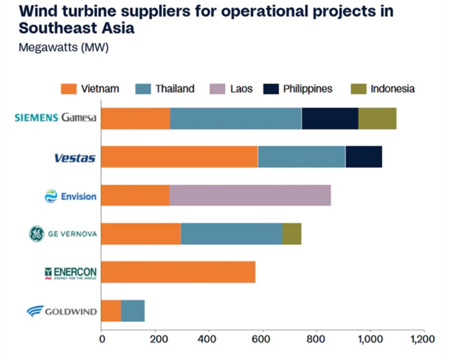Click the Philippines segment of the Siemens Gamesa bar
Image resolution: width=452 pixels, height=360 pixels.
(x=330, y=118)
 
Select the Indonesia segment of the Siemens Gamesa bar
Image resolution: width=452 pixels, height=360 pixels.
(x=377, y=118)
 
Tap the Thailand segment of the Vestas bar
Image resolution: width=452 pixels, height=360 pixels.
(x=301, y=157)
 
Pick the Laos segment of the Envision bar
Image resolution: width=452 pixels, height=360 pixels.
(x=250, y=195)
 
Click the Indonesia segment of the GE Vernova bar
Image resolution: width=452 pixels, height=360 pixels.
(x=292, y=233)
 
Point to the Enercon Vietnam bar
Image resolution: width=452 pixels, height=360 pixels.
(x=178, y=272)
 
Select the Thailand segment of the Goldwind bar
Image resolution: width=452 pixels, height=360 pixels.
(x=133, y=311)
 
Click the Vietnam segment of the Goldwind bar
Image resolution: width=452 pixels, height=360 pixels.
(x=111, y=311)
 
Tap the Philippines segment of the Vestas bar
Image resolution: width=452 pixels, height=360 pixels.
(x=364, y=157)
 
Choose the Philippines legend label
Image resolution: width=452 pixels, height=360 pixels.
(x=308, y=89)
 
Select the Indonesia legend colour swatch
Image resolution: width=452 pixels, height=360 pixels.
(x=359, y=89)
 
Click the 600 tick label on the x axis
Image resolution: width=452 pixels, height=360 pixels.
(x=263, y=339)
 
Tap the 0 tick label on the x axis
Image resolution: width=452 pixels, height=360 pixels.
(x=102, y=339)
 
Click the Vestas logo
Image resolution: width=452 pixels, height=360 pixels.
(x=75, y=158)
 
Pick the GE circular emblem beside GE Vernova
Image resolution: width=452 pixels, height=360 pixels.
(x=36, y=233)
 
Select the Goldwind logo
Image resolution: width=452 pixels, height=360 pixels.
(x=62, y=311)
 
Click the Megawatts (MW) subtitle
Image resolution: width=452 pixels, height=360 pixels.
(x=64, y=48)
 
